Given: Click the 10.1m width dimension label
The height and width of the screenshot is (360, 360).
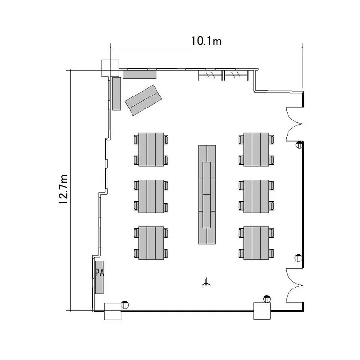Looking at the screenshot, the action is (x=206, y=41).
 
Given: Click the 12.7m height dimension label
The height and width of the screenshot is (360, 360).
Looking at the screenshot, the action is (x=63, y=190).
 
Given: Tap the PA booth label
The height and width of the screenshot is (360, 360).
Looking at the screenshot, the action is (x=100, y=273).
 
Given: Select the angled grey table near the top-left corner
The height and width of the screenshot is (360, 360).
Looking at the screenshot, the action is (x=143, y=100).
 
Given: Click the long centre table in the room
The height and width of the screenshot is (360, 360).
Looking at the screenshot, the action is (x=207, y=195).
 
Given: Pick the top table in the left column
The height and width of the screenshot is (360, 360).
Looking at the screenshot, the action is (x=151, y=149).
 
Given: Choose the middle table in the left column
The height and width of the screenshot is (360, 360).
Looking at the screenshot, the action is (x=151, y=196).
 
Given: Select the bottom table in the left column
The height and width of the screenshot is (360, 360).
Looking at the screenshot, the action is (x=151, y=243).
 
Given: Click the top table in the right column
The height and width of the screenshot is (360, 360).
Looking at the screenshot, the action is (x=256, y=149).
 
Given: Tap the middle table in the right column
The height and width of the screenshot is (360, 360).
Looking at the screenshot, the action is (x=256, y=196).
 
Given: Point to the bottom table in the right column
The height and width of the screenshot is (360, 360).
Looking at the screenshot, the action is (x=256, y=243).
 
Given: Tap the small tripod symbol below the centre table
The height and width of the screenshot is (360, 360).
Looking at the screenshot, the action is (x=206, y=282).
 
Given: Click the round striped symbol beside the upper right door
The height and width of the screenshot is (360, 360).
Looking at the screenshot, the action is (x=299, y=145).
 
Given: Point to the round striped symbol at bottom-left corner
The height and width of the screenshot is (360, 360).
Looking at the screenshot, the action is (x=125, y=305).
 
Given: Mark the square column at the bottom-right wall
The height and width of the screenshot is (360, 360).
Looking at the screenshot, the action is (x=262, y=311).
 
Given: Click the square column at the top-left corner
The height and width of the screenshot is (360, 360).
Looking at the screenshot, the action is (x=110, y=68).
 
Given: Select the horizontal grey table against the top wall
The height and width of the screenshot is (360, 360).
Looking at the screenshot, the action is (x=140, y=74).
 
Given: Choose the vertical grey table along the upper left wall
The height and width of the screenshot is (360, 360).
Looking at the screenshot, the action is (x=117, y=94).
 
